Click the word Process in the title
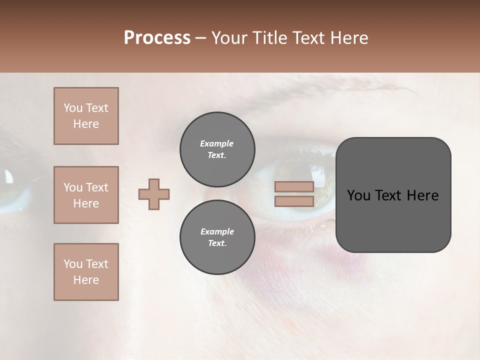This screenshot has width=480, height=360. click(157, 38)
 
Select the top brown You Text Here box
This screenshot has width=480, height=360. click(86, 116)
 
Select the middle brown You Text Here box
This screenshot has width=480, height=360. click(86, 195)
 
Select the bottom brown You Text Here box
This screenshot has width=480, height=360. click(86, 272)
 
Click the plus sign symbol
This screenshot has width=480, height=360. click(154, 194)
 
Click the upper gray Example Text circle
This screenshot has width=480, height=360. click(217, 149)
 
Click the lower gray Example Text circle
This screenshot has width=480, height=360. click(217, 237)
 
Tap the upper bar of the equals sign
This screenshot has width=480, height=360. click(294, 187)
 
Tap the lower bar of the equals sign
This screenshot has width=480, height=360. click(294, 201)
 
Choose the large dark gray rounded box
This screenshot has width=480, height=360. click(393, 220)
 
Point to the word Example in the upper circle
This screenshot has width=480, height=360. click(216, 143)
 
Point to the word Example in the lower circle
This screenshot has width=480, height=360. click(217, 231)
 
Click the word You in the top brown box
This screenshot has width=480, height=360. click(72, 108)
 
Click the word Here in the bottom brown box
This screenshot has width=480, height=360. click(86, 280)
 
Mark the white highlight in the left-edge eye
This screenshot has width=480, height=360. click(9, 176)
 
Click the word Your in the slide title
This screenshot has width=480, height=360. click(230, 38)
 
